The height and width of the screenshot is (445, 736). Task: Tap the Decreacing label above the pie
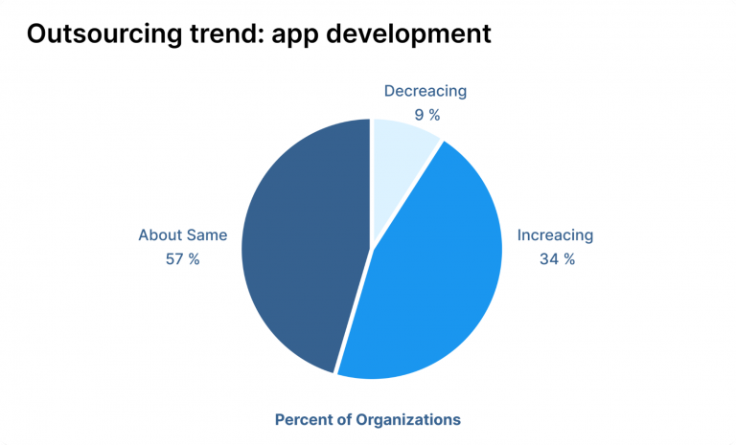425,92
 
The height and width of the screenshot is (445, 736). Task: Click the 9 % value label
426,116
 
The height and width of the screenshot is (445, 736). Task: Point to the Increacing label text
556,235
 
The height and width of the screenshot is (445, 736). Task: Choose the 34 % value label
556,259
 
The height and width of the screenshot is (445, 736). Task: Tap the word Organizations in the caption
413,419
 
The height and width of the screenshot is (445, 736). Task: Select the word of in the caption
349,419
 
